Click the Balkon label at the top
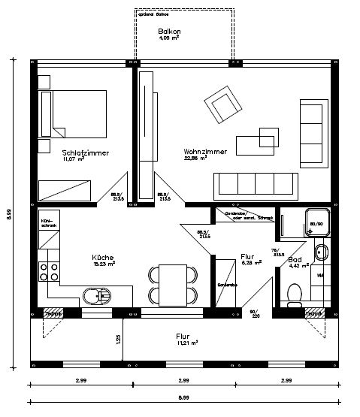(167, 32)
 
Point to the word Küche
(102, 255)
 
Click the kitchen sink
(95, 296)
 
